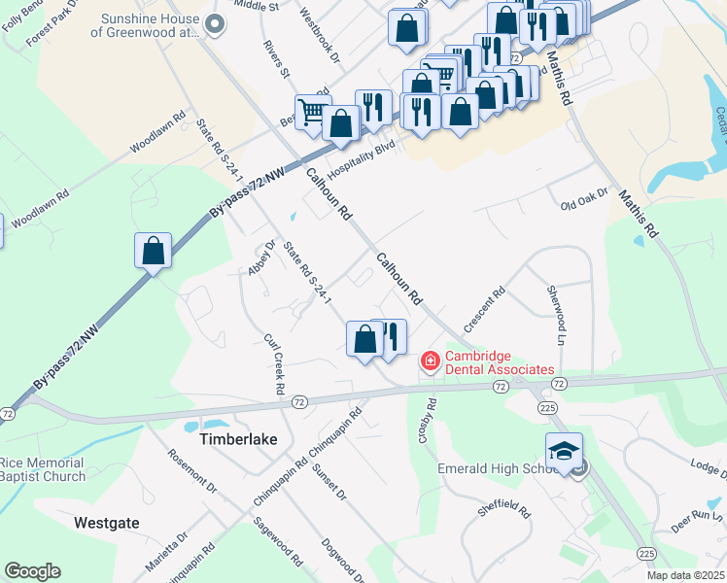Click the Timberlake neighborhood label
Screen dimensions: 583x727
pos(238,439)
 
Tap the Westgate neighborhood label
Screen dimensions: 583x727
pos(107,523)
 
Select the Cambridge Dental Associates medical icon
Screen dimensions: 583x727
pos(429,361)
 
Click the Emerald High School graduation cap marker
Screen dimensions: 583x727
pos(563,451)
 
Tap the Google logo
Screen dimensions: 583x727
pos(32,571)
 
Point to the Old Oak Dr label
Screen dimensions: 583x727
pos(583,199)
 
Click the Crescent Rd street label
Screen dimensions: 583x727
pos(486,306)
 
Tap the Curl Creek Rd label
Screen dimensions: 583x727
pos(273,364)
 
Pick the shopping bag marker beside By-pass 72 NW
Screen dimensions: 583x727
pos(154,251)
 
